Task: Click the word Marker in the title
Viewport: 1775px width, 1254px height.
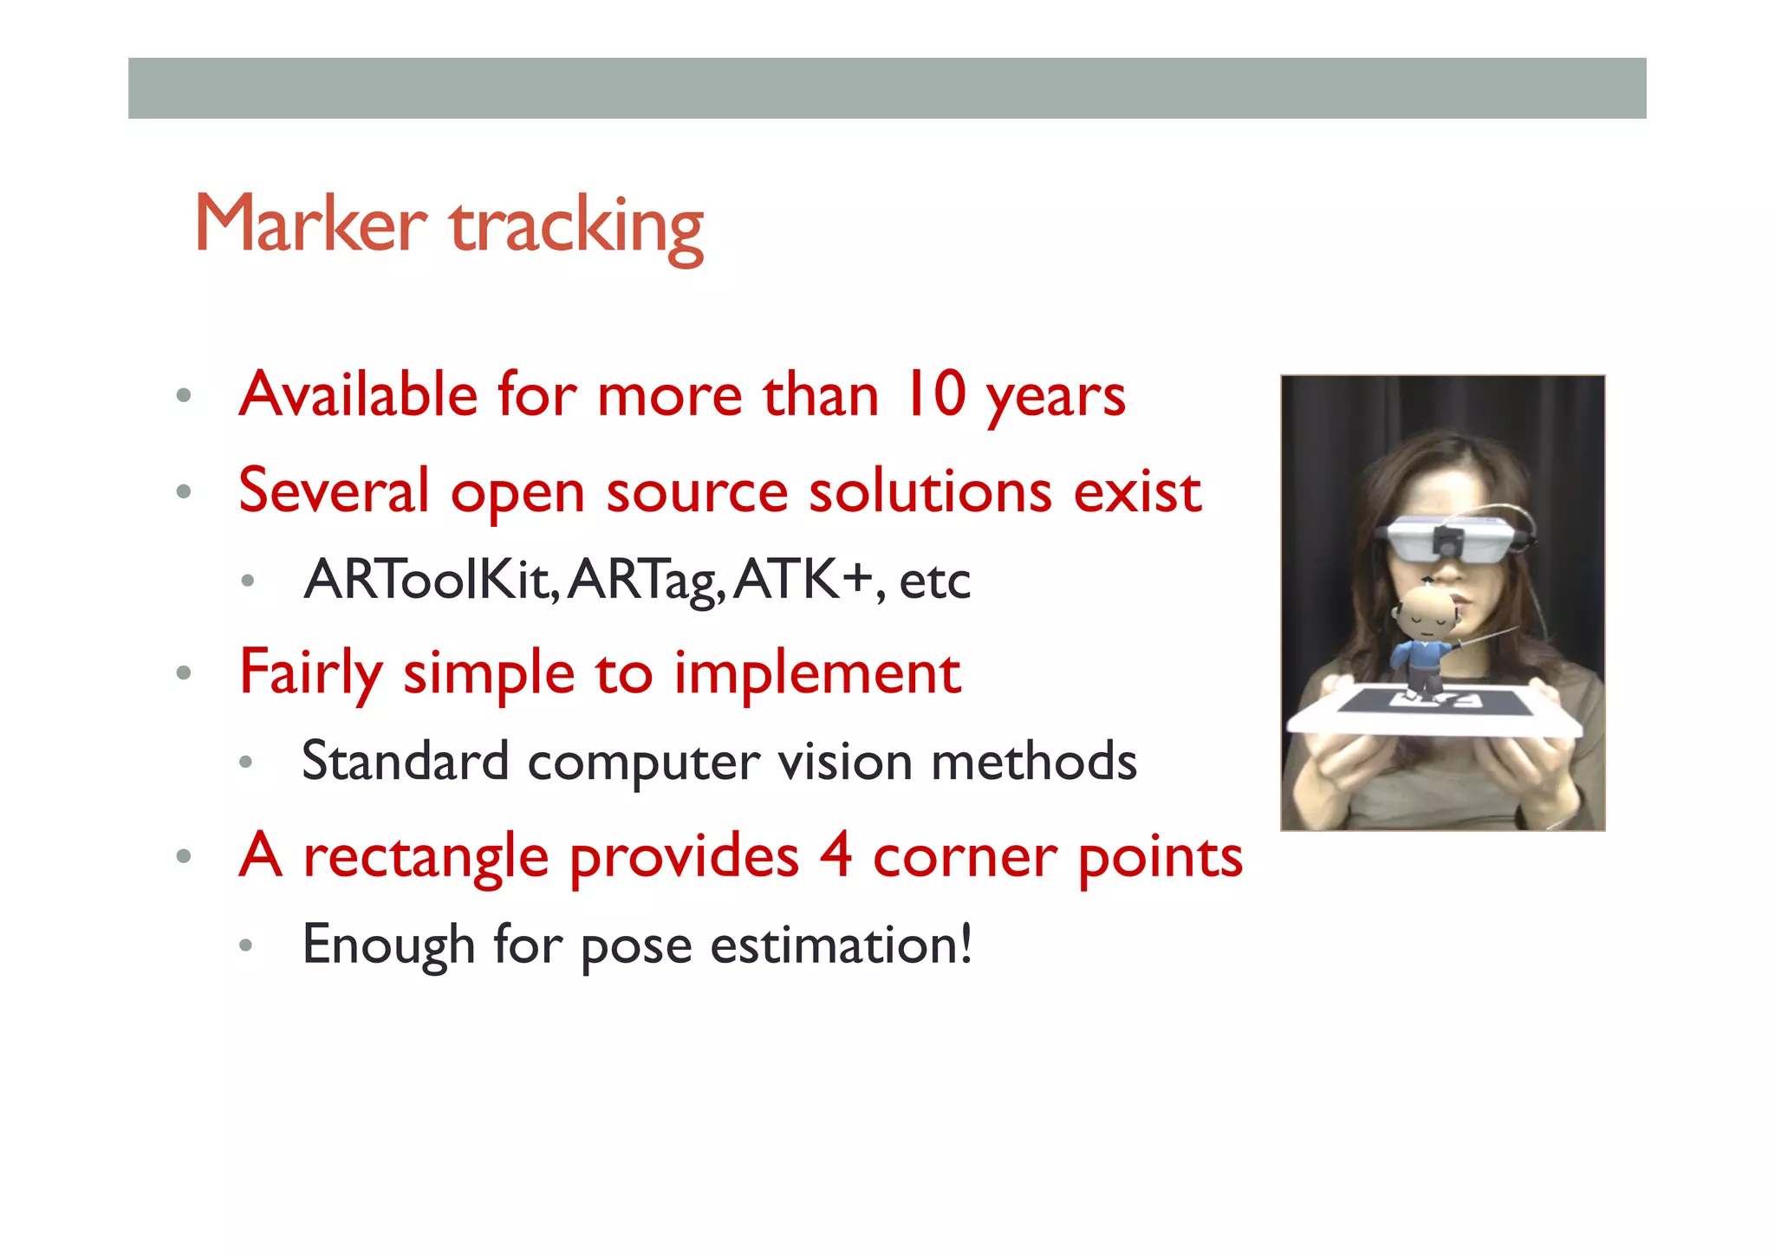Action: [x=310, y=224]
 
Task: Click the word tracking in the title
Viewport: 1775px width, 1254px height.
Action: [x=576, y=227]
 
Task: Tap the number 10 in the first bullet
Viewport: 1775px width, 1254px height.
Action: [x=934, y=394]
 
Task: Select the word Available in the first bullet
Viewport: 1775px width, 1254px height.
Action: [x=358, y=394]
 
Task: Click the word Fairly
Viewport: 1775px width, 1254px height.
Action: [x=309, y=673]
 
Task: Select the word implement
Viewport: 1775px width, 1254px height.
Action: [x=816, y=673]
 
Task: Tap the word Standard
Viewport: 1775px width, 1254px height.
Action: [x=405, y=761]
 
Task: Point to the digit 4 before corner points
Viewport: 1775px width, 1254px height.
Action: [x=835, y=856]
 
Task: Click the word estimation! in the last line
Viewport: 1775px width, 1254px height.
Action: [x=841, y=945]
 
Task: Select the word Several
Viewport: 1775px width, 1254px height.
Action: [x=334, y=491]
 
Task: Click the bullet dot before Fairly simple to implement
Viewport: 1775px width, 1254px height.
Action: [x=183, y=672]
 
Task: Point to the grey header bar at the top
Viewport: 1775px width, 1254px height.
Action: [x=887, y=88]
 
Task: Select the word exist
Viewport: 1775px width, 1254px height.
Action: [x=1137, y=491]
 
